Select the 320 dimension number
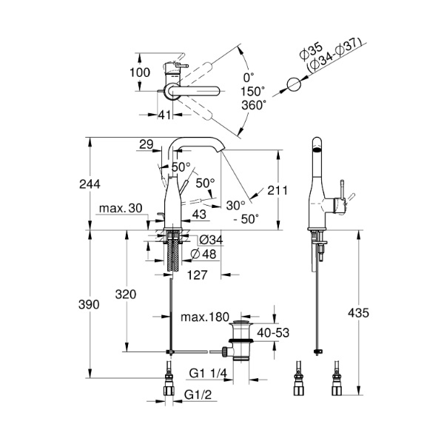125,294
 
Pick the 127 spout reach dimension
196,274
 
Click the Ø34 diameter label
212,240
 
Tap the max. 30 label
118,209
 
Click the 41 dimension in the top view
164,115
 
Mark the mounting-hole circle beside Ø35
294,85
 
